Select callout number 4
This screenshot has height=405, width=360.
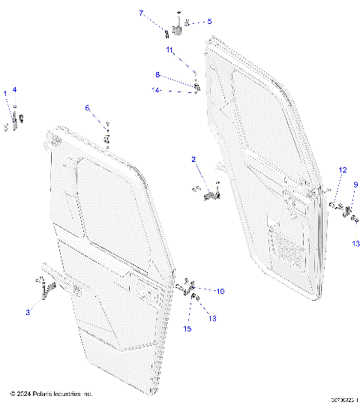pos(13,90)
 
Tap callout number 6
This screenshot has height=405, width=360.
pos(87,109)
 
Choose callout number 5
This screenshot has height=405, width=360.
pos(209,22)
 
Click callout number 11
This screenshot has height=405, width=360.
pos(170,50)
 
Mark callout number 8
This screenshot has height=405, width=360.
pos(157,75)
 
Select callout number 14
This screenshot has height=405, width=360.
pos(156,91)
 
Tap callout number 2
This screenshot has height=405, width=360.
pos(193,160)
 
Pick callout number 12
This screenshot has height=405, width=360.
pos(341,171)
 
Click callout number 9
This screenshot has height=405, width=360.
pos(355,184)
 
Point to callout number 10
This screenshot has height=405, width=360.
pos(220,291)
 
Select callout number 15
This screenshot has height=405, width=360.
pos(188,328)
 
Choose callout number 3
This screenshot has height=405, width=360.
pos(28,311)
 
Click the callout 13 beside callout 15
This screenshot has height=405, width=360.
pos(212,319)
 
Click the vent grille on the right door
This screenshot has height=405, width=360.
pos(289,252)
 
